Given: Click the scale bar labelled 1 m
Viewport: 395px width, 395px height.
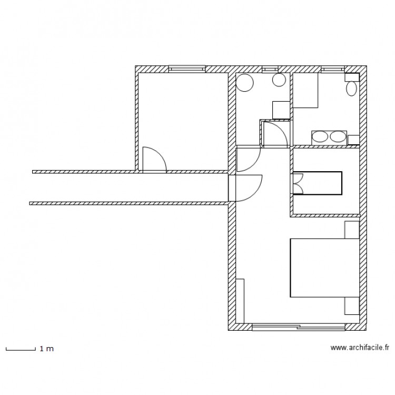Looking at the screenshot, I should pyautogui.click(x=20, y=349).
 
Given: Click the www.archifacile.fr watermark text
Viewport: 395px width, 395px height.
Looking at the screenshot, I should pyautogui.click(x=359, y=348).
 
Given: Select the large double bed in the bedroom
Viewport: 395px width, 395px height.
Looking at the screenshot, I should pyautogui.click(x=324, y=268).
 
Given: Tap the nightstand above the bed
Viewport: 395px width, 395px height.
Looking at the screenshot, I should pyautogui.click(x=352, y=230).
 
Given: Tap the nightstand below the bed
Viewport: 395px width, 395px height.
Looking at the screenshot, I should pyautogui.click(x=352, y=306).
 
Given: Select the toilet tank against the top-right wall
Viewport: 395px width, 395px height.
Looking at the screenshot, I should pyautogui.click(x=352, y=77).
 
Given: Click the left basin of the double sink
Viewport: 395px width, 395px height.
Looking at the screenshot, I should pyautogui.click(x=320, y=137).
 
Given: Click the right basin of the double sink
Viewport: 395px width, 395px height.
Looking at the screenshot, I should pyautogui.click(x=337, y=137).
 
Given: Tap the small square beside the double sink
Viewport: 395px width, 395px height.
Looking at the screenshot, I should pyautogui.click(x=353, y=139).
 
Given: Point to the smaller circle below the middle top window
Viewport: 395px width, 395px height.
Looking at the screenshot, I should pyautogui.click(x=279, y=80).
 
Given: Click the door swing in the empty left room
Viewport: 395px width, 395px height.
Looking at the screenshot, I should pyautogui.click(x=154, y=160).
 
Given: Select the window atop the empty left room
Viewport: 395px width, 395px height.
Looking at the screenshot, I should pyautogui.click(x=186, y=69).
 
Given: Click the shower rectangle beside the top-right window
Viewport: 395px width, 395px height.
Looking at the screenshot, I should pyautogui.click(x=306, y=91).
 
